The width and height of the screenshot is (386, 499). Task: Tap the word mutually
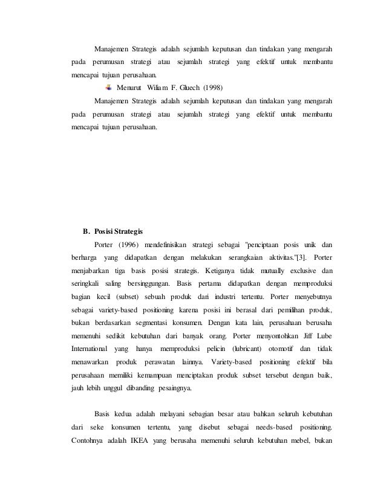(x=264, y=271)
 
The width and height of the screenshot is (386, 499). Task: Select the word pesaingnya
(x=173, y=389)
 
